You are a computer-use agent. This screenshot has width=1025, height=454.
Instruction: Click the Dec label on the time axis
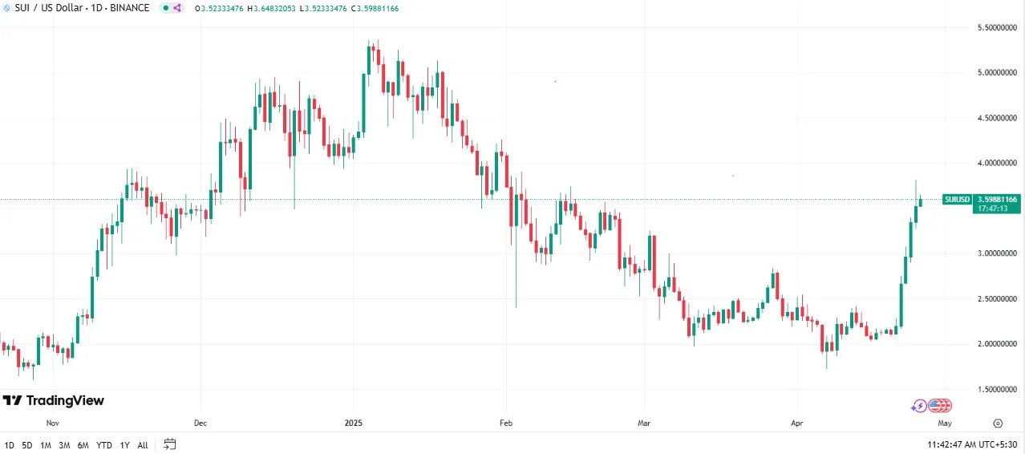point(201,423)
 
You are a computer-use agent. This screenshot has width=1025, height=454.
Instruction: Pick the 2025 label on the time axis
point(354,423)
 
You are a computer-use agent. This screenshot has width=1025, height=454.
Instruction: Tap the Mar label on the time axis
point(644,423)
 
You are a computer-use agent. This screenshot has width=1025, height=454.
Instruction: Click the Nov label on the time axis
point(53,423)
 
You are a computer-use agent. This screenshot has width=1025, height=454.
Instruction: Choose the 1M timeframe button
point(46,444)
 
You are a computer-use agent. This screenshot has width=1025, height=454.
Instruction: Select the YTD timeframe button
point(104,444)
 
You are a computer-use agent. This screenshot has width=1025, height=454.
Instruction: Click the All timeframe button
point(143,444)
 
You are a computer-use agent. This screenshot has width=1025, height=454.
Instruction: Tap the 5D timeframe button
point(27,444)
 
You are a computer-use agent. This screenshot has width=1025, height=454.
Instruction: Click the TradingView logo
point(54,401)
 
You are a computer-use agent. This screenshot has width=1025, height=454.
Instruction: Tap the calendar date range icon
point(169,444)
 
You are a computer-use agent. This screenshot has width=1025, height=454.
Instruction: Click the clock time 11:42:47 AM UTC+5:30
point(973,444)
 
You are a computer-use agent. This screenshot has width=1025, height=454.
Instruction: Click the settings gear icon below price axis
point(998,423)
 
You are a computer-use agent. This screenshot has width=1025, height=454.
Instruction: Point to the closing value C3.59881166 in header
point(368,8)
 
